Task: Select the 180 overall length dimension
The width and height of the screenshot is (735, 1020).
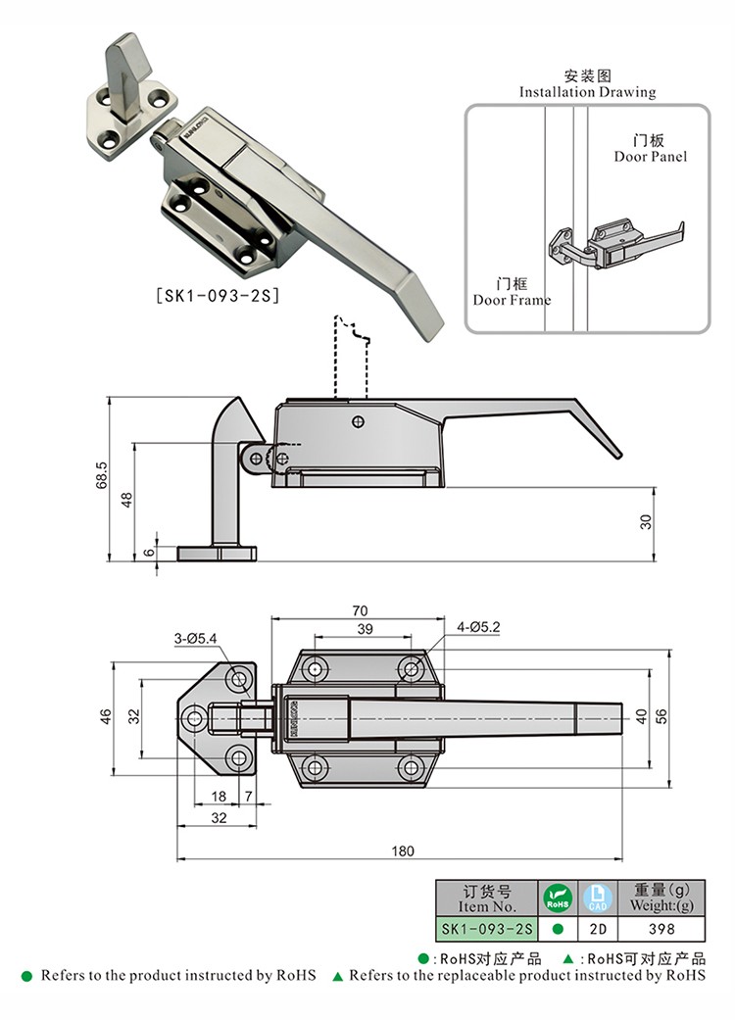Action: [x=402, y=850]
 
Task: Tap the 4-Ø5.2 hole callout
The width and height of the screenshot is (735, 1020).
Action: [x=478, y=626]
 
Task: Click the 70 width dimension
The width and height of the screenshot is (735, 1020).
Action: [x=361, y=610]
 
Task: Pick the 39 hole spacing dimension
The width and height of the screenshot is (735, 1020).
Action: [x=364, y=628]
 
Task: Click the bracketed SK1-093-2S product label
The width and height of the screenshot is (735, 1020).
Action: [x=218, y=292]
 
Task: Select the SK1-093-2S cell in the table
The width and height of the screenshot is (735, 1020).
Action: [x=485, y=928]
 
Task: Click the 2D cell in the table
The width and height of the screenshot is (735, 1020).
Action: [x=597, y=928]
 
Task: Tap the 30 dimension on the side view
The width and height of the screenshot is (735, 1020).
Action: [x=646, y=522]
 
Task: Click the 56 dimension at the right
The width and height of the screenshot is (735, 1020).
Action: [x=661, y=716]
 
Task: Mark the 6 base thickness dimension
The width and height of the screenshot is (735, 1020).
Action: [x=149, y=552]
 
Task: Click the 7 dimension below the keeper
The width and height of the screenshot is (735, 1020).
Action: [x=249, y=797]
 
